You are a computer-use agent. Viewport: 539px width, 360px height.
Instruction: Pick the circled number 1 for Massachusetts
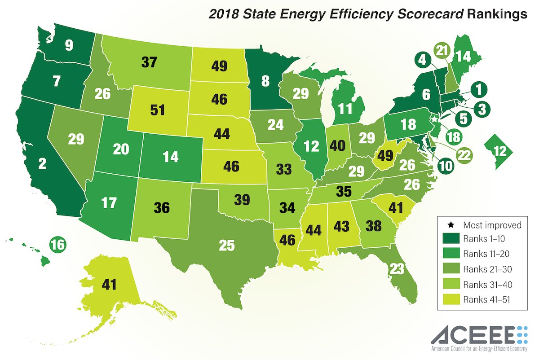(479, 90)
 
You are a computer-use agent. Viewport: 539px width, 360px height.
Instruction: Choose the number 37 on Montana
(150, 62)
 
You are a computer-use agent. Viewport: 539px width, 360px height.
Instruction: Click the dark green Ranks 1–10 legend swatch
(451, 238)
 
